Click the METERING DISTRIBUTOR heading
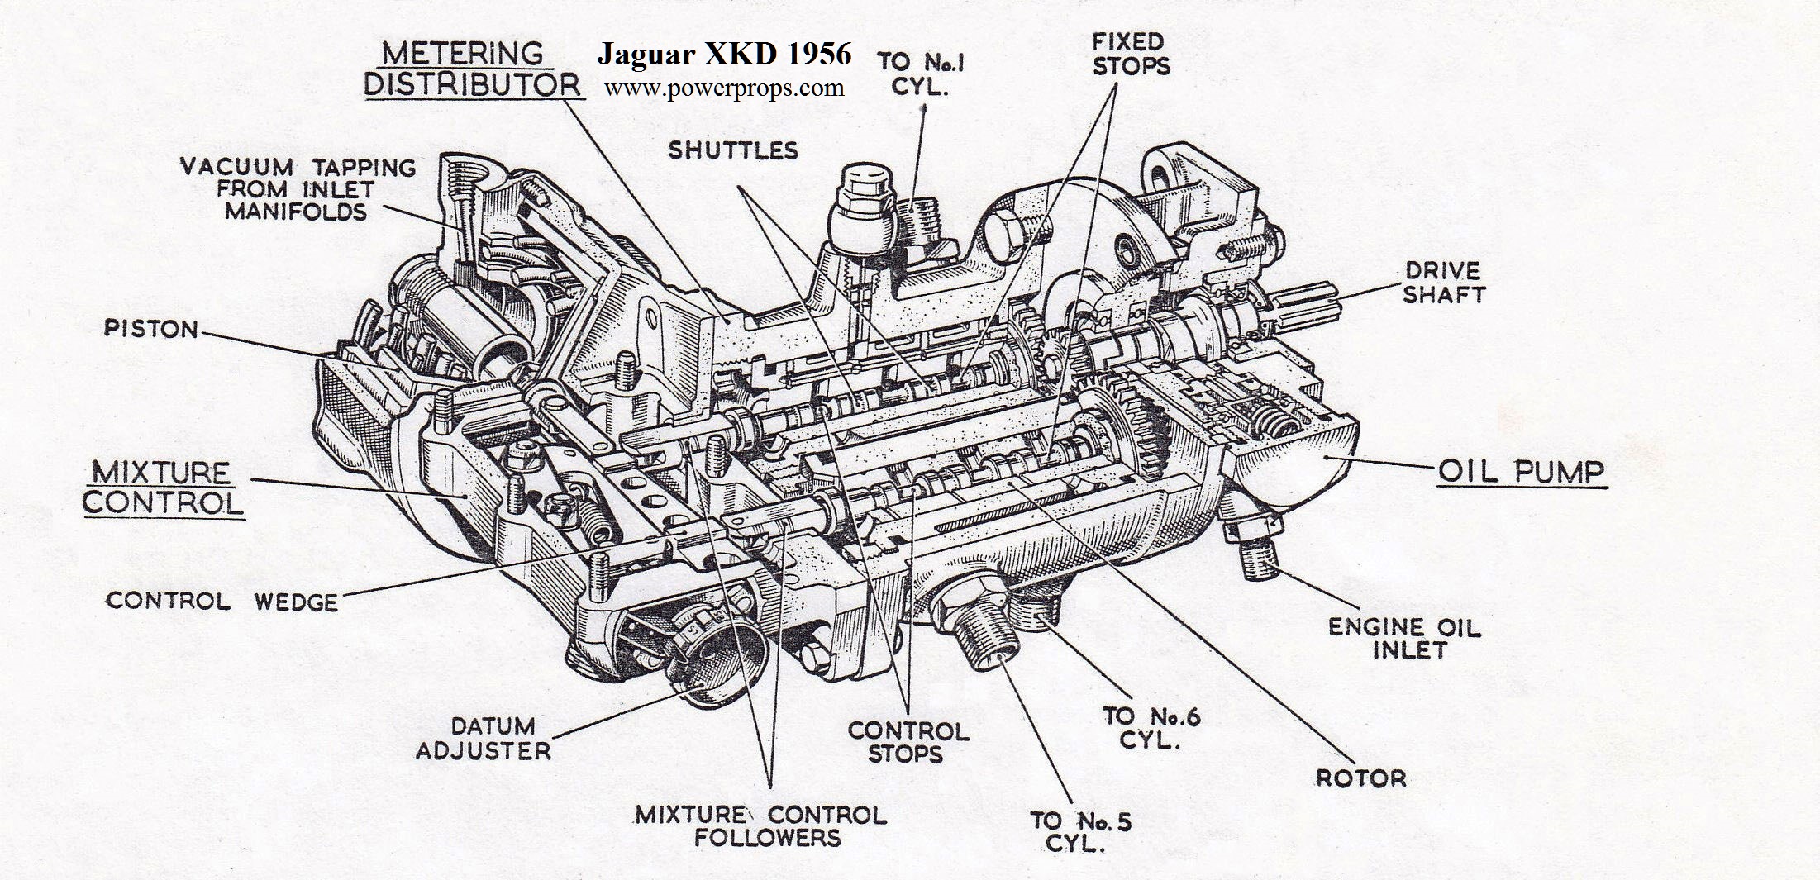coord(472,69)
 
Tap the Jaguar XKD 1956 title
coord(724,54)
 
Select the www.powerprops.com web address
coord(724,88)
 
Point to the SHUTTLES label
coord(733,150)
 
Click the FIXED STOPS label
coord(1131,54)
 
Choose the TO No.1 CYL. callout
coord(921,74)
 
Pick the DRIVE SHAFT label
coord(1443,282)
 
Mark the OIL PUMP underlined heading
coord(1522,472)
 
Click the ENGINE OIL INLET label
coord(1404,639)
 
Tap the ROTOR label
coord(1360,778)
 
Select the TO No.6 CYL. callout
coord(1151,727)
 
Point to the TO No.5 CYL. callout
coord(1080,831)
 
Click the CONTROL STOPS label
coord(908,742)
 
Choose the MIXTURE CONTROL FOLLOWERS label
coord(760,825)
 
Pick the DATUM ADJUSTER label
coord(484,738)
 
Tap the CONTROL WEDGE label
coord(222,601)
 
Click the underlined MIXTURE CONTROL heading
coord(163,488)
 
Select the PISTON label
coord(151,329)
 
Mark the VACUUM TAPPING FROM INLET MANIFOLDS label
coord(298,189)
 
